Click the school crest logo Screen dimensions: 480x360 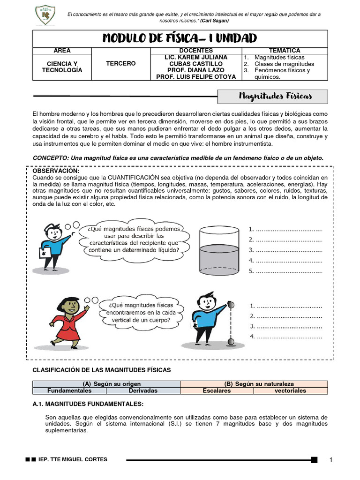pyautogui.click(x=45, y=16)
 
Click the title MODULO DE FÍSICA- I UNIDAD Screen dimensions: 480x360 pyautogui.click(x=180, y=38)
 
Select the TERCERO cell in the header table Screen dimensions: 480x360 pyautogui.click(x=120, y=63)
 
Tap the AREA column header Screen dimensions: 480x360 pyautogui.click(x=62, y=50)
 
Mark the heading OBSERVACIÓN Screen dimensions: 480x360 pyautogui.click(x=55, y=171)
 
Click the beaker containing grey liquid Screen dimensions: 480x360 pyautogui.click(x=220, y=248)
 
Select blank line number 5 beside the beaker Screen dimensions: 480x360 pyautogui.click(x=286, y=271)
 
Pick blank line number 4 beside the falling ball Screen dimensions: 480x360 pyautogui.click(x=286, y=337)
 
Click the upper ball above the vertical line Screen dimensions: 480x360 pyautogui.click(x=230, y=306)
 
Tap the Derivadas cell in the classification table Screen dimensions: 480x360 pyautogui.click(x=143, y=390)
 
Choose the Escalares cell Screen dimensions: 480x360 pyautogui.click(x=217, y=390)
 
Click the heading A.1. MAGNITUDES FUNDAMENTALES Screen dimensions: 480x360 pyautogui.click(x=88, y=404)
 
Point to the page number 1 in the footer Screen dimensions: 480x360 pyautogui.click(x=331, y=459)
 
